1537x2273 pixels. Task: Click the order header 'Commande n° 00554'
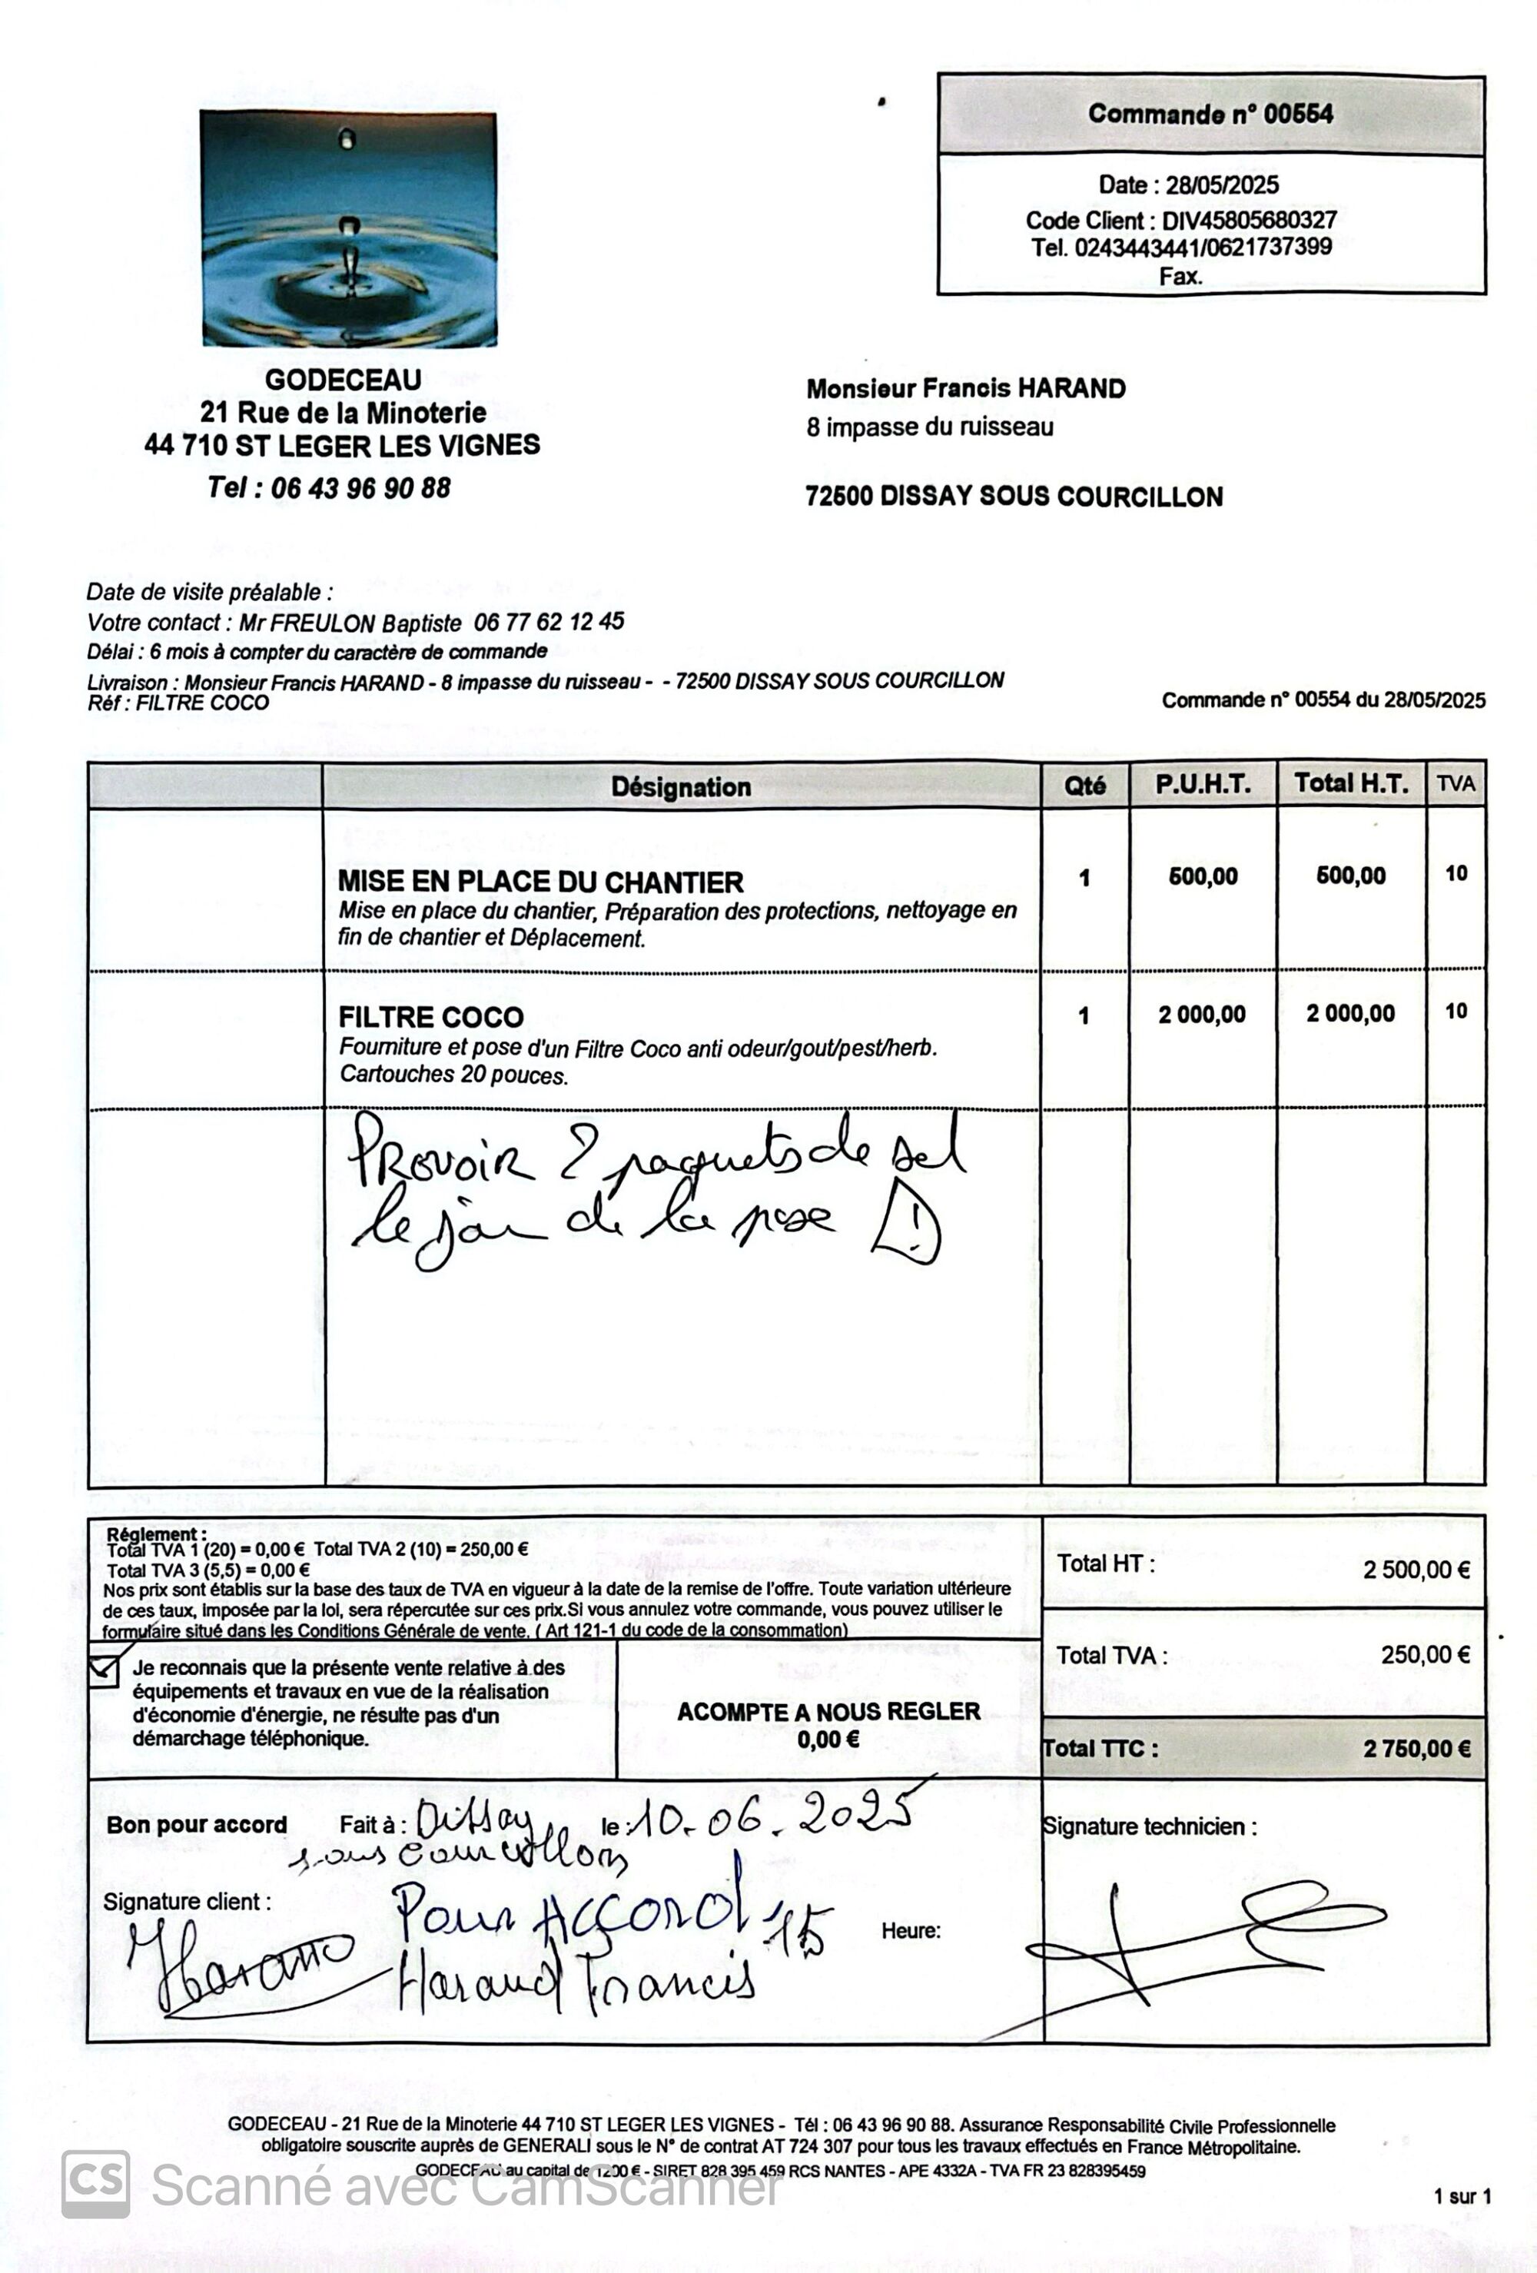pos(1210,115)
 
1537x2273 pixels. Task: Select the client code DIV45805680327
pos(1249,220)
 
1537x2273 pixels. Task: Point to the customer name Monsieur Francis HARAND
pos(965,388)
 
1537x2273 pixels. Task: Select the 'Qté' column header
pos(1084,786)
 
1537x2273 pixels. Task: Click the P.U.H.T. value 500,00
pos(1203,876)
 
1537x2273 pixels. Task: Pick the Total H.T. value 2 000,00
pos(1350,1013)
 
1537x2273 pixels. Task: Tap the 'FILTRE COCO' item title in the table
pos(431,1017)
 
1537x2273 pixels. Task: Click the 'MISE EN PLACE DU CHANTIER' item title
pos(541,882)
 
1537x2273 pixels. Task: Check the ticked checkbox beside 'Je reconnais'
pos(104,1670)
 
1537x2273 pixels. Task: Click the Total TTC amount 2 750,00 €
pos(1416,1749)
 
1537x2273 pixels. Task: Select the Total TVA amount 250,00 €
pos(1425,1655)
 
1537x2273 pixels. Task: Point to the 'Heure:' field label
pos(910,1931)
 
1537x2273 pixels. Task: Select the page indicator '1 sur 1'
pos(1462,2197)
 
